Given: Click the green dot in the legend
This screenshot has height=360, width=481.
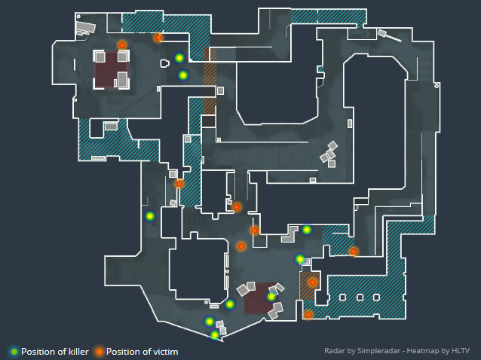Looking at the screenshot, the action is pyautogui.click(x=14, y=352).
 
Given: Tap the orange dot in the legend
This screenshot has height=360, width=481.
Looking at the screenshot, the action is pyautogui.click(x=100, y=352).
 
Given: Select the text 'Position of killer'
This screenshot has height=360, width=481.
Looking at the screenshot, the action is pyautogui.click(x=55, y=352).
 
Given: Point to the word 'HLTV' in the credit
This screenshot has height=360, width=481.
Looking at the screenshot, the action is pyautogui.click(x=461, y=351).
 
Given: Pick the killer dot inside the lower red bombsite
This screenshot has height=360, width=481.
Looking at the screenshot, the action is pyautogui.click(x=271, y=297).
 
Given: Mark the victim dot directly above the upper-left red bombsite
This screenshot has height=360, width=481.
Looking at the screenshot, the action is pyautogui.click(x=122, y=45).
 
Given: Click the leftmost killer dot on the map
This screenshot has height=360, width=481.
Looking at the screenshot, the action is pyautogui.click(x=150, y=216).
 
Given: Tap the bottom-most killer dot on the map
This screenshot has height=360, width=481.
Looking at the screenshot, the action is pyautogui.click(x=215, y=334).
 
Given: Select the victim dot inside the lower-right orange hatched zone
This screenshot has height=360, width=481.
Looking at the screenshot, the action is pyautogui.click(x=313, y=282).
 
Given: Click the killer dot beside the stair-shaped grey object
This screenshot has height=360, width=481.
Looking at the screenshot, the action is pyautogui.click(x=307, y=230).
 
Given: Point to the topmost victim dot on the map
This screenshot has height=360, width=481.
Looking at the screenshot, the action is pyautogui.click(x=158, y=38).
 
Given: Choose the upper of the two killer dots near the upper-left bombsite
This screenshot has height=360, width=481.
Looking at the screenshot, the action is pyautogui.click(x=179, y=58).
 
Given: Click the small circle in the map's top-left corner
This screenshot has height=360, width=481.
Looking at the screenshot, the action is pyautogui.click(x=78, y=17).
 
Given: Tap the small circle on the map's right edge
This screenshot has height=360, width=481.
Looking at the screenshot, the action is pyautogui.click(x=437, y=86).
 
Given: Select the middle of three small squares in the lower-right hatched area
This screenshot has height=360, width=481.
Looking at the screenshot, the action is pyautogui.click(x=360, y=297).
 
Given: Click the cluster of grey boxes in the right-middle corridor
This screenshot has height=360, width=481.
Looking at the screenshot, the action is pyautogui.click(x=329, y=154).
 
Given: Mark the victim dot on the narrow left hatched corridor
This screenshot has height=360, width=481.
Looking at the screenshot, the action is pyautogui.click(x=179, y=184).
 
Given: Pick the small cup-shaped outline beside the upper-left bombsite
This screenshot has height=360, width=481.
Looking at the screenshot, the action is pyautogui.click(x=164, y=63).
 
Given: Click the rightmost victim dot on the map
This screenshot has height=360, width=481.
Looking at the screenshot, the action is pyautogui.click(x=354, y=252).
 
